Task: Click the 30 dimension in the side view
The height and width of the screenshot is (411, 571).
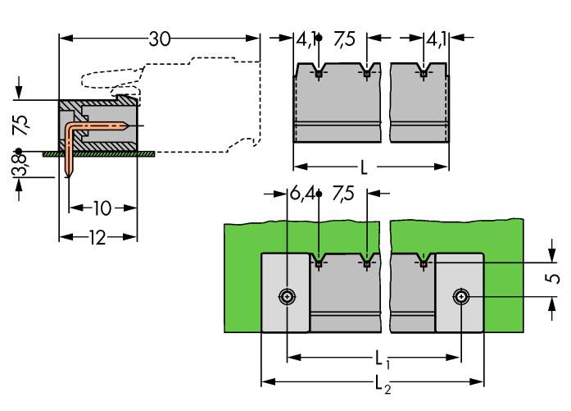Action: coord(160,39)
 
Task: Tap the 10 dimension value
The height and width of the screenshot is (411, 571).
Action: coord(101,208)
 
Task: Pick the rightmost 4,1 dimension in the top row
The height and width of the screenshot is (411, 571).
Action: coord(436,39)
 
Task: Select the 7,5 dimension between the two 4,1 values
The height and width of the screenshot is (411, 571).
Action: coord(342,39)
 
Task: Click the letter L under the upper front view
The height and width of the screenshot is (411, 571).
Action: coord(364,169)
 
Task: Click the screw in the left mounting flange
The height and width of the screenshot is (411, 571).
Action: coord(287,296)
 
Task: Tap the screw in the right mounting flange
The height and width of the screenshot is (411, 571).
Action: coord(462,296)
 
